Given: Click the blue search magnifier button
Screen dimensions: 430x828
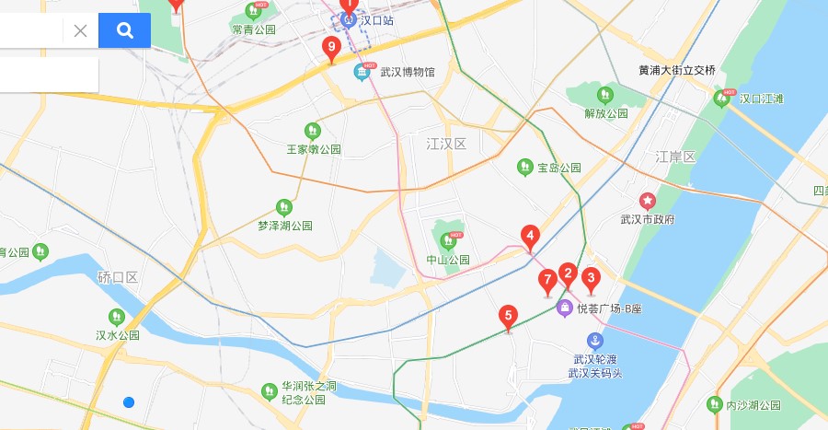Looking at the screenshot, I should [124, 30].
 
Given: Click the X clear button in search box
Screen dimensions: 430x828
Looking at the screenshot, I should [80, 30].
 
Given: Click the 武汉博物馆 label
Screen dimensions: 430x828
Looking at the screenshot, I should [408, 71].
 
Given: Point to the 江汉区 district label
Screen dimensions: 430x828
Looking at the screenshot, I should [447, 145].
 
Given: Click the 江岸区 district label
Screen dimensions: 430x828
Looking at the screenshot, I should [675, 157].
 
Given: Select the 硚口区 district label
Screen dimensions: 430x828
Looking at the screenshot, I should [118, 277].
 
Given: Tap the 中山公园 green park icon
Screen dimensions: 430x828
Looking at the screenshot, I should [449, 240].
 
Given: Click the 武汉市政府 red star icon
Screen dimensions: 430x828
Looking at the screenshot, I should [648, 201].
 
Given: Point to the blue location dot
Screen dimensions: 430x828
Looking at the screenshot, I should [129, 402].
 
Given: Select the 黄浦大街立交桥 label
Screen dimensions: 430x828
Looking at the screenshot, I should [676, 70].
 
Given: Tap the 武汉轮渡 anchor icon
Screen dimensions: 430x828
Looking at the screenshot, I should [595, 342].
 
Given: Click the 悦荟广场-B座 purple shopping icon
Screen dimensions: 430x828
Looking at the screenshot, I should [565, 308].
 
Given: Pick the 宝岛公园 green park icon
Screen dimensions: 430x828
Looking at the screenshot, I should [524, 168].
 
